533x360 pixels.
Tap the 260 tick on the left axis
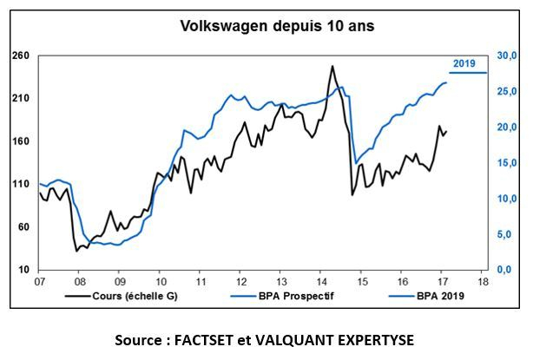point(20,56)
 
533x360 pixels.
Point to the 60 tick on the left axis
point(23,227)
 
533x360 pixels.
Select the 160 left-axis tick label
point(20,141)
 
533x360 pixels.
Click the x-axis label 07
point(39,282)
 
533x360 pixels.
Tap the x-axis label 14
point(321,282)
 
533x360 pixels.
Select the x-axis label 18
point(484,282)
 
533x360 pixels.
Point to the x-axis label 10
point(161,282)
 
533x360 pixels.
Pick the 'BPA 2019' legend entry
point(435,296)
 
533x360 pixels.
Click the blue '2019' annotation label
point(465,63)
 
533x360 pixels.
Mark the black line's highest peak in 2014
point(332,66)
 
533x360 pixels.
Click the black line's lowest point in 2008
point(77,251)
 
